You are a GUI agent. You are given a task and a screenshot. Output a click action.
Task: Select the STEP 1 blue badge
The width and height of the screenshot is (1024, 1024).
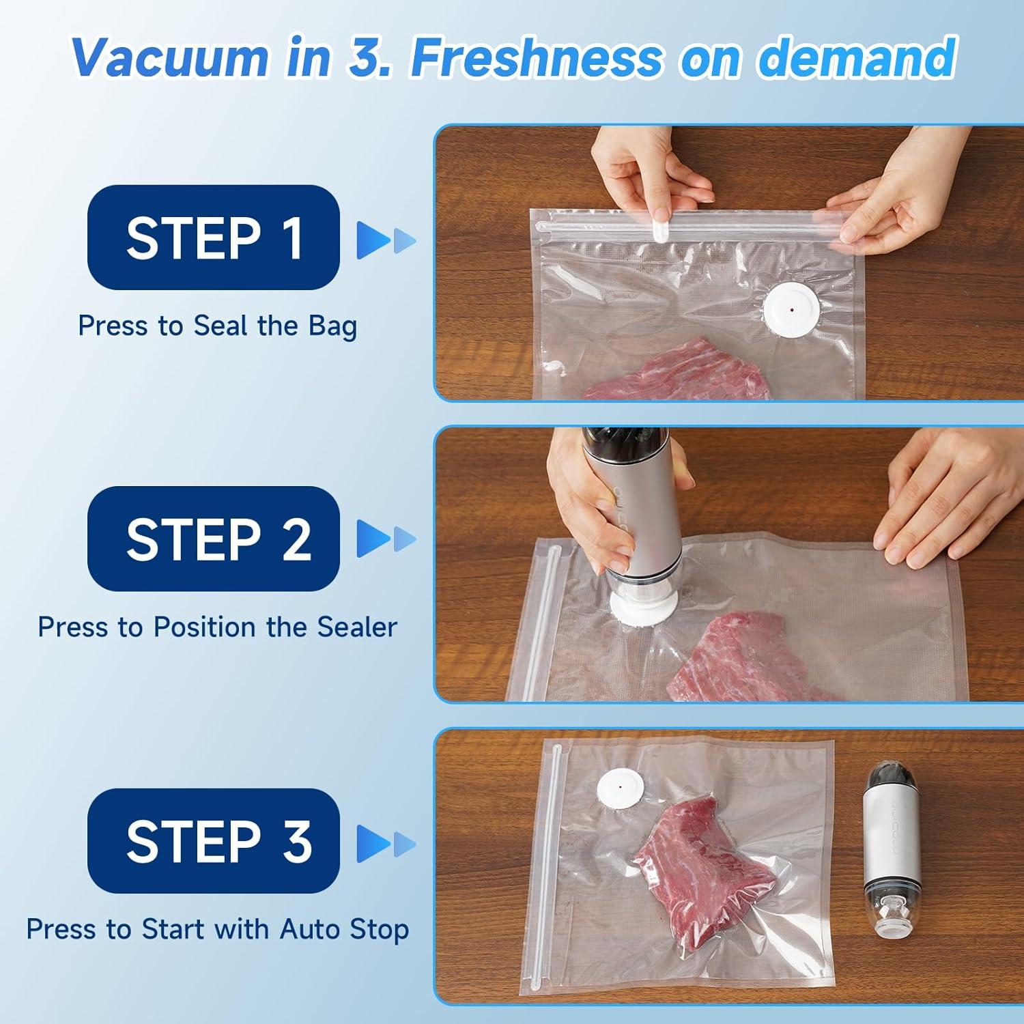214,238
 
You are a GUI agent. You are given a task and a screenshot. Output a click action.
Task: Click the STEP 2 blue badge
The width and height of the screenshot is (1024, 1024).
214,539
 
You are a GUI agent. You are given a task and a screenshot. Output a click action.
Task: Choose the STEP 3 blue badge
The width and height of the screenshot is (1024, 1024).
214,840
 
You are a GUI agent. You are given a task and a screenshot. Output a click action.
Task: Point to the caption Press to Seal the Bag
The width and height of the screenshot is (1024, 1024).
217,326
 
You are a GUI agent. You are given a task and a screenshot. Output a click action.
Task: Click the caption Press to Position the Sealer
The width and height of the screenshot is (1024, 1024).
217,627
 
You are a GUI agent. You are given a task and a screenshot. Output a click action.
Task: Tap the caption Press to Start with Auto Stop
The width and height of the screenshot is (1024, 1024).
217,929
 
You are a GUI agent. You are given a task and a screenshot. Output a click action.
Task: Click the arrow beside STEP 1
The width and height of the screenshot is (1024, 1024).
385,240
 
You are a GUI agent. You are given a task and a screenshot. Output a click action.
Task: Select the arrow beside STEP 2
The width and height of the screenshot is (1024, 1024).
385,539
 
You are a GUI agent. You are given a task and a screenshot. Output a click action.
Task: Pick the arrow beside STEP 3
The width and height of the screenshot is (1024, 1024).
385,843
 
